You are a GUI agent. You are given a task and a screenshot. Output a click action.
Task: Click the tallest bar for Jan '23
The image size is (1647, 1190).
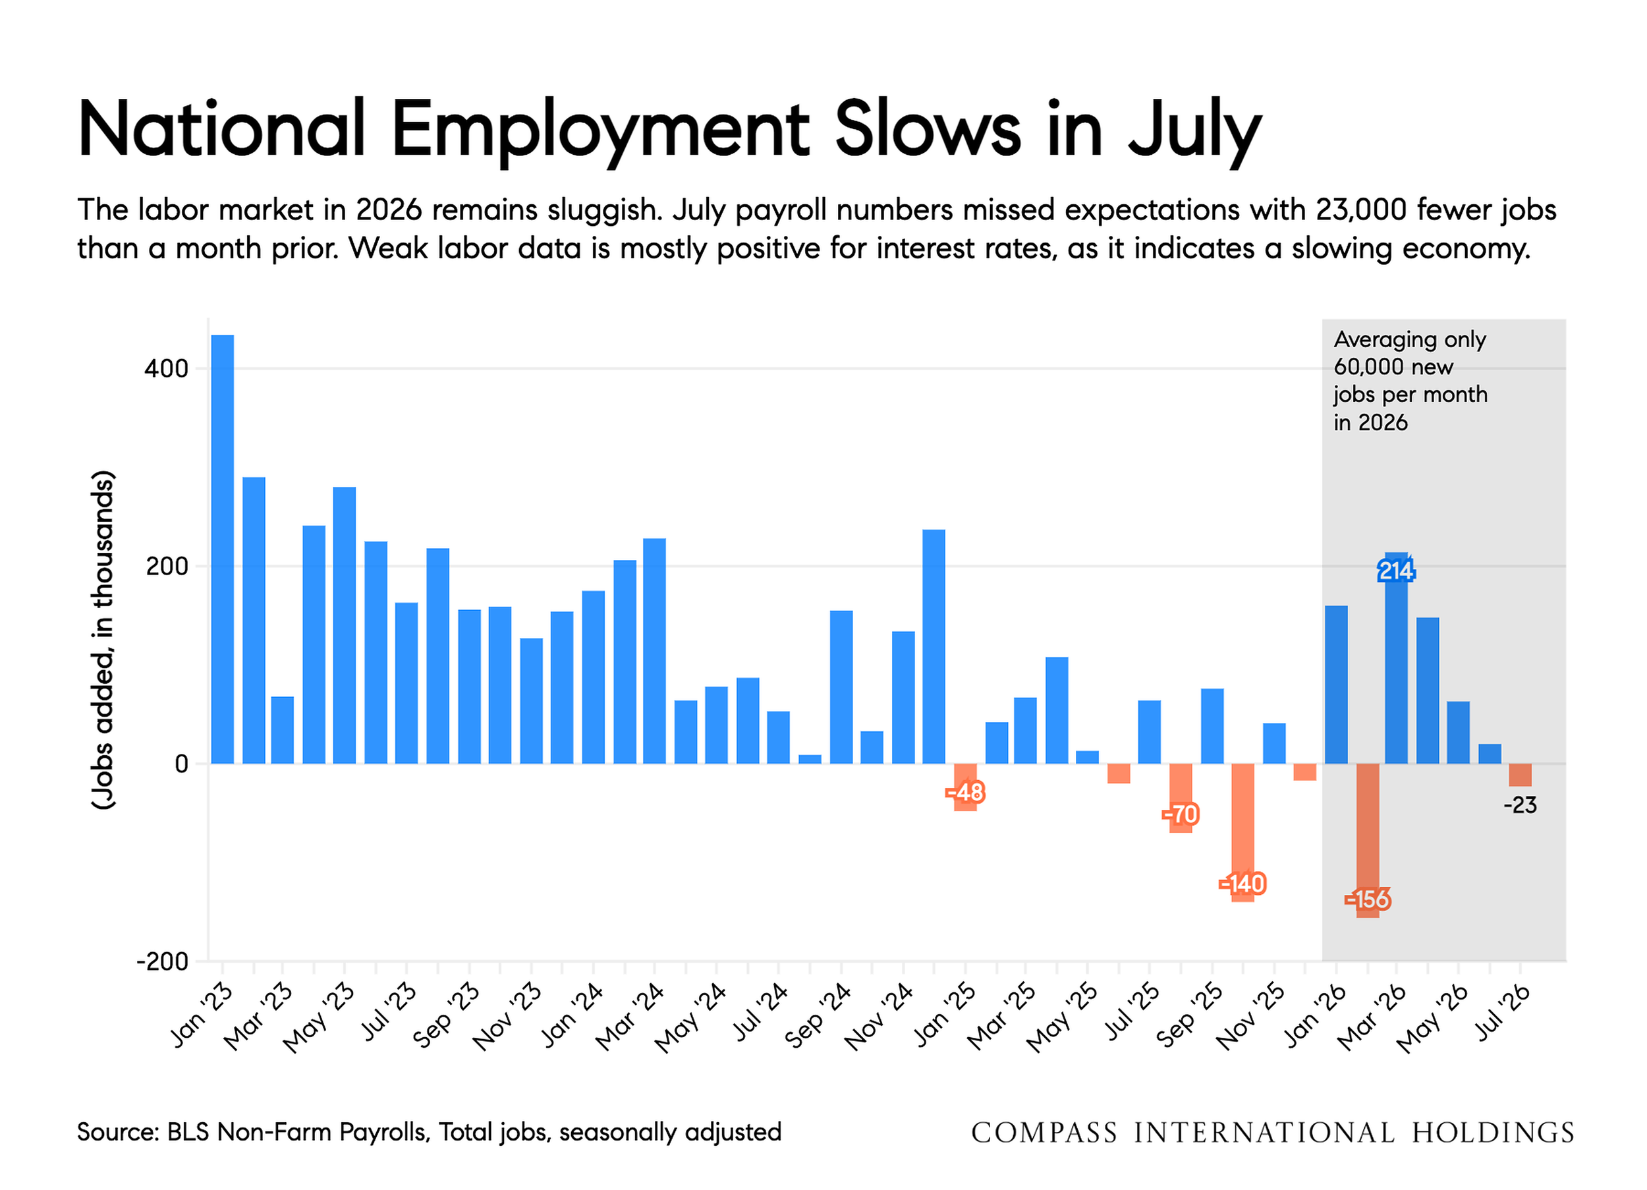point(222,550)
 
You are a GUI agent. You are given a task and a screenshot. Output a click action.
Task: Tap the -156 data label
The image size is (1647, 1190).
point(1368,899)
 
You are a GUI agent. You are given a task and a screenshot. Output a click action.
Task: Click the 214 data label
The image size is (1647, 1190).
point(1396,571)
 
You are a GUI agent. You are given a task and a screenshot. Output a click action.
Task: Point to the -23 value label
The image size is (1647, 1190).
point(1520,805)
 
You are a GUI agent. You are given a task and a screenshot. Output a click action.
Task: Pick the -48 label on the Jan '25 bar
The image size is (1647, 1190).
point(965,792)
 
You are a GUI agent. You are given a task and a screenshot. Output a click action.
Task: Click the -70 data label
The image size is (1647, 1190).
point(1180,814)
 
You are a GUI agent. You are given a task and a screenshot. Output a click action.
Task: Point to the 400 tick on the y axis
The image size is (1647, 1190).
point(166,368)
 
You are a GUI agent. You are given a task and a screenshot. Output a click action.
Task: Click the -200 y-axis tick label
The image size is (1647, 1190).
point(163,961)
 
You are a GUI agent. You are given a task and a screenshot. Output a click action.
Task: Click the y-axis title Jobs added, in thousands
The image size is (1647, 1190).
point(103,640)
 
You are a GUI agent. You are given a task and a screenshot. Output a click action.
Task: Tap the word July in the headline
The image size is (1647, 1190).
point(1195,130)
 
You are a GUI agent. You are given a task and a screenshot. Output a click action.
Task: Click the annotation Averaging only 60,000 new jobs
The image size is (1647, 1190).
point(1410,381)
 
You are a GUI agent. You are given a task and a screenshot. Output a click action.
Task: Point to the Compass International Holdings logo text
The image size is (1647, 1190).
point(1272,1133)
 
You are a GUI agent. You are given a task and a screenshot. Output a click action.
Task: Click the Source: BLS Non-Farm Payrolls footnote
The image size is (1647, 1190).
point(429,1132)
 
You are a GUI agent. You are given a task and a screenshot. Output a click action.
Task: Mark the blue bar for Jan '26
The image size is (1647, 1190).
point(1336,685)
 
